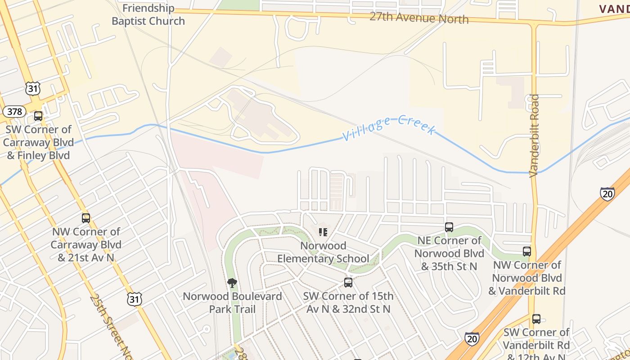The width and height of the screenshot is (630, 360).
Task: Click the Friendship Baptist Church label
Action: [x=148, y=14]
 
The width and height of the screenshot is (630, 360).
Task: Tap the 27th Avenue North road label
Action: [x=419, y=18]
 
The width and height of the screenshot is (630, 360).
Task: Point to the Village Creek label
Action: [x=389, y=127]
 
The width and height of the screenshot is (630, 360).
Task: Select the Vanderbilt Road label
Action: [x=534, y=135]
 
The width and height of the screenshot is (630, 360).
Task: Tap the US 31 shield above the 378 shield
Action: [x=33, y=89]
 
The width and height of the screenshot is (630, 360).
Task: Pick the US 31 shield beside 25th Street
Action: [x=135, y=299]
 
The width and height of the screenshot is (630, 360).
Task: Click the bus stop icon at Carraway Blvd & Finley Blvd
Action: [x=38, y=116]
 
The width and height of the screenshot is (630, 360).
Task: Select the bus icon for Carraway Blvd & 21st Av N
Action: [x=86, y=218]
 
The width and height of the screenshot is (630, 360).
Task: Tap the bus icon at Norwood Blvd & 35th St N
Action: [x=449, y=227]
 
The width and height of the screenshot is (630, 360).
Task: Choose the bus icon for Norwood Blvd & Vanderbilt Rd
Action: [x=527, y=251]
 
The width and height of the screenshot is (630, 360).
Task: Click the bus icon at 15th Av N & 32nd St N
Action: [x=348, y=283]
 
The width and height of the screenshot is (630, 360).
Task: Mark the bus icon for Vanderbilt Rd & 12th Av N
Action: [x=536, y=319]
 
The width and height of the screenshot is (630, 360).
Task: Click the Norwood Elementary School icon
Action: [x=323, y=232]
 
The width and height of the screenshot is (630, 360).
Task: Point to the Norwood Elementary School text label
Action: [x=323, y=252]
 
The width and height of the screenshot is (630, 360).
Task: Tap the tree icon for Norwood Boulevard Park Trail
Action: [x=232, y=283]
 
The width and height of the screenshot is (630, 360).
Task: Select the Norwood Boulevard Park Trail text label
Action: [x=232, y=303]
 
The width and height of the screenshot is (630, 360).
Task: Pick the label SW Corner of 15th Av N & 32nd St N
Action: [x=348, y=302]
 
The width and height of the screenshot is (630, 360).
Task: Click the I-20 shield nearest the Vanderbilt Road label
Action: [x=607, y=193]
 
